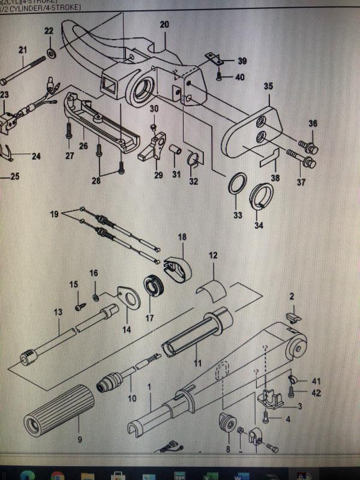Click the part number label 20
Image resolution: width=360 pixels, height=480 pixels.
164,25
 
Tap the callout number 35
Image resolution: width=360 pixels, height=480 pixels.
268,86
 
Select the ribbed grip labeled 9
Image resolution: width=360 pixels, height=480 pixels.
59,410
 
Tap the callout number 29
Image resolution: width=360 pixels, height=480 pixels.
158,175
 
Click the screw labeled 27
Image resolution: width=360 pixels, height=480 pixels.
69,129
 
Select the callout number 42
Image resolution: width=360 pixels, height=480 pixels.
299,392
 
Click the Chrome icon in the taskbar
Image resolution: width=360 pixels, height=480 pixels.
58,474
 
